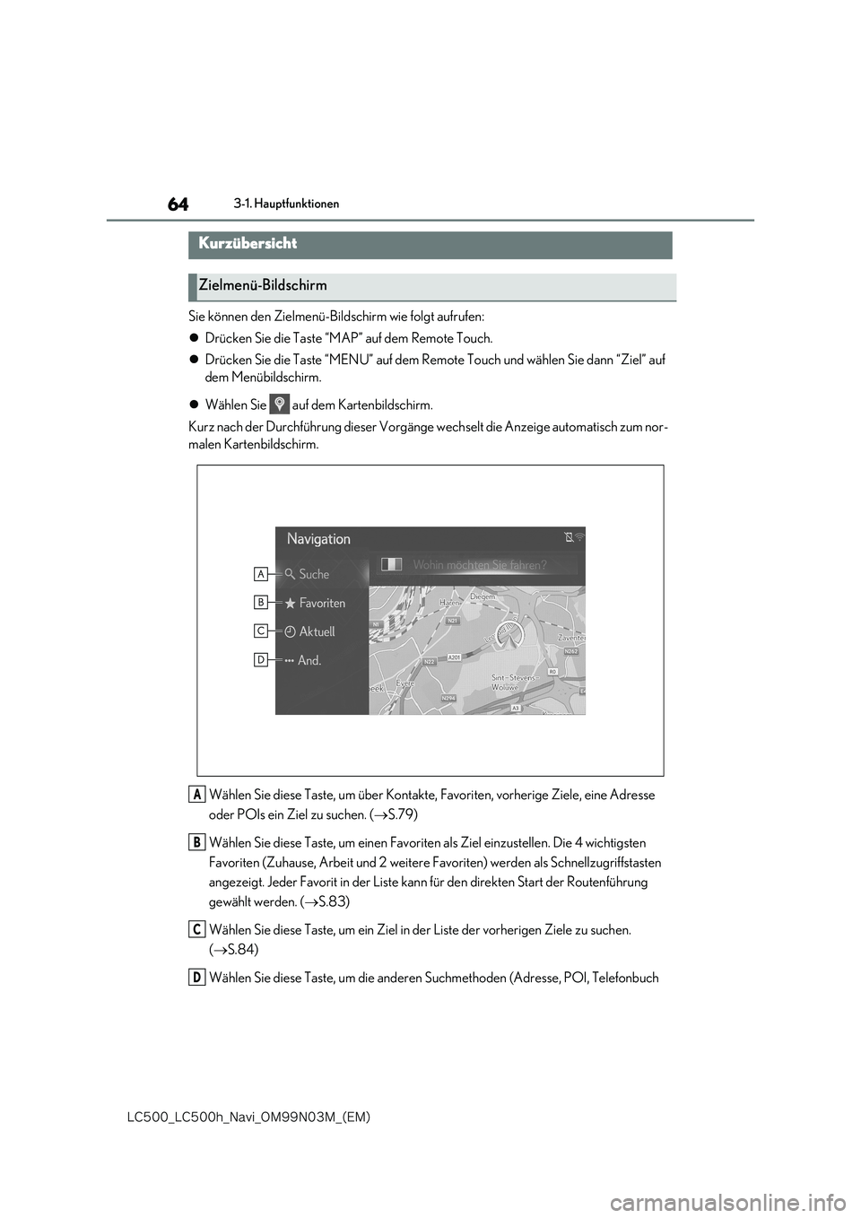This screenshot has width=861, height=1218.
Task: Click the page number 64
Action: [178, 204]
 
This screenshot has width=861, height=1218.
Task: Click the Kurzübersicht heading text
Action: [248, 243]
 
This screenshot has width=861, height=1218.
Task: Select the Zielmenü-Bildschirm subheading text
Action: [263, 285]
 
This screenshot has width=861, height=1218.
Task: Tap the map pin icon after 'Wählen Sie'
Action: [280, 405]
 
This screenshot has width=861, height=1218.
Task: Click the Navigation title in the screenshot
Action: [318, 539]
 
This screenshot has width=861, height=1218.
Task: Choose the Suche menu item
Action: [313, 574]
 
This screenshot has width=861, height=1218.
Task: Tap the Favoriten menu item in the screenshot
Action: [321, 603]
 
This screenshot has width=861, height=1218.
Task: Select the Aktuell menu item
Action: [316, 631]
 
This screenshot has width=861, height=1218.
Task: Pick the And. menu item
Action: [309, 660]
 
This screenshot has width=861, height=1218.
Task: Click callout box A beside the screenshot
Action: [261, 573]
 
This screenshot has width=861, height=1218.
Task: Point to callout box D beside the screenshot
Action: [261, 659]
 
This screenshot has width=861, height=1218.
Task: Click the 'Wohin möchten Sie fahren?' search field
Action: [479, 565]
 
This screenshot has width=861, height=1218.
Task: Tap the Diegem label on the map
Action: [483, 596]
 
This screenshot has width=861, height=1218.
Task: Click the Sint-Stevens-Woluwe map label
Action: [512, 683]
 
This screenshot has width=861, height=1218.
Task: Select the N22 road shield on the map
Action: [429, 661]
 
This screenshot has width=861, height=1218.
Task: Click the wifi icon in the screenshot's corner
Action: [579, 537]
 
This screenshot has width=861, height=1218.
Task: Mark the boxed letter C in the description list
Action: [196, 929]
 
